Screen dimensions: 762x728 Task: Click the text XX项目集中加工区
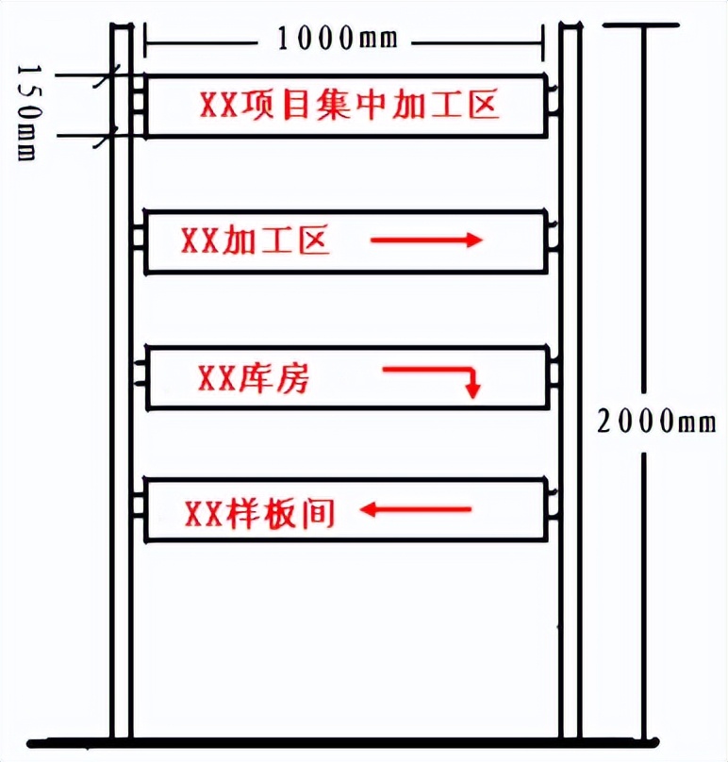348,104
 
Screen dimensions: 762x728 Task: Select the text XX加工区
254,241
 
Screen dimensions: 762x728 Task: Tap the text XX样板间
259,513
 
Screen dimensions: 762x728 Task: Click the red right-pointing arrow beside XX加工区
426,240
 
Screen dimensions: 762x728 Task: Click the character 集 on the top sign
349,104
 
